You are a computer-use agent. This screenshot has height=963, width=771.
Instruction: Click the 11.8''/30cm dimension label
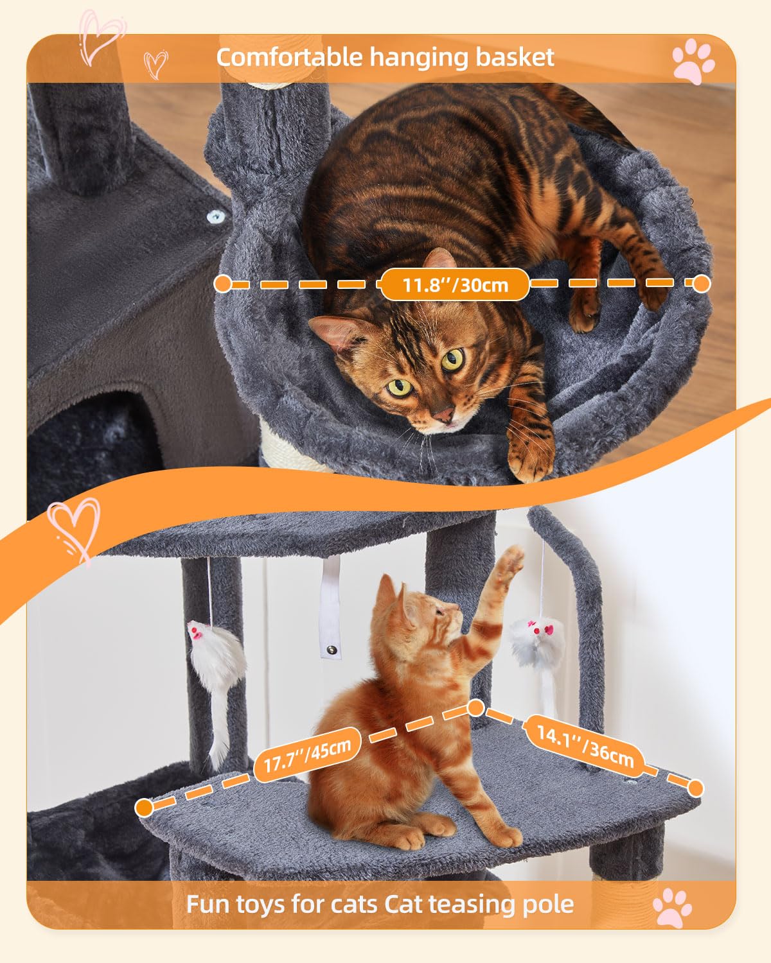pos(455,284)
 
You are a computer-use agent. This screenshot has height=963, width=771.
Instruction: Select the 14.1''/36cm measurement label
pos(585,744)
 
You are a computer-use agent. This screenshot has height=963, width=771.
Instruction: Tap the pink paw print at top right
pos(693,60)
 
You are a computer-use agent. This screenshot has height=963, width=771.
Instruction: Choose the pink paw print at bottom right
pos(672,907)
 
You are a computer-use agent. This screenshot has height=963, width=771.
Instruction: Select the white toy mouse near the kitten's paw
pos(535,642)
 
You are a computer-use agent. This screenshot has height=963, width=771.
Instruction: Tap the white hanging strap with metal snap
pos(331,607)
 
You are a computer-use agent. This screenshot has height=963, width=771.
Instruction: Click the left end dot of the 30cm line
pos(222,283)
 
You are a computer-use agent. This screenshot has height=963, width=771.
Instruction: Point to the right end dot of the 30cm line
pos(701,283)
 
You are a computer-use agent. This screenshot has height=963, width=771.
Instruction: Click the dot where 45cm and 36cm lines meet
pos(475,707)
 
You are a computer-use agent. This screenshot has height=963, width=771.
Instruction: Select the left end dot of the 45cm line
pos(145,807)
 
